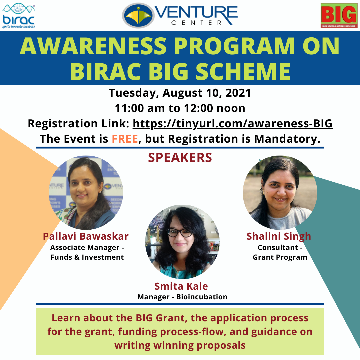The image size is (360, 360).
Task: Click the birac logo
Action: click(x=19, y=16)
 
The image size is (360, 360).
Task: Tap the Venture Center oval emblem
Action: click(x=138, y=16)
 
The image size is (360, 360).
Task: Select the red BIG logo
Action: click(x=339, y=16)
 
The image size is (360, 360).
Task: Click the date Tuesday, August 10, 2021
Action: click(x=180, y=93)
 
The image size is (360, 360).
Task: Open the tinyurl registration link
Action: click(x=233, y=124)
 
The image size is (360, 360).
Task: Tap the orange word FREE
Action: click(x=125, y=139)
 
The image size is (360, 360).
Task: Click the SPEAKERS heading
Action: click(x=180, y=158)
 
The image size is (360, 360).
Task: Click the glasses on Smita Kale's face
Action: click(x=180, y=233)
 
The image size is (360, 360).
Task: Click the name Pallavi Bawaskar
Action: click(x=86, y=236)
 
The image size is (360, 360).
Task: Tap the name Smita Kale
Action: click(x=181, y=286)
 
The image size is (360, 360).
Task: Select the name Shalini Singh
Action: click(x=279, y=236)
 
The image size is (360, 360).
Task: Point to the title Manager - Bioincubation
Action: click(x=182, y=297)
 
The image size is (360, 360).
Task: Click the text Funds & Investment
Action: click(x=87, y=257)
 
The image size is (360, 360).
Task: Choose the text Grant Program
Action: click(x=280, y=257)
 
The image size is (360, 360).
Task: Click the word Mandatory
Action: click(x=287, y=139)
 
